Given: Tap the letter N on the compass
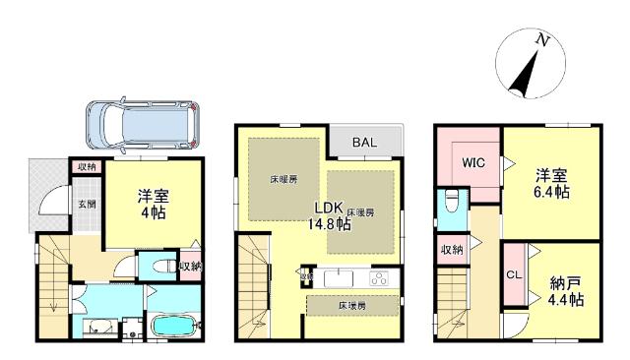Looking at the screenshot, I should (541, 41).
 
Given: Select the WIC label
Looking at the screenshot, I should (472, 162).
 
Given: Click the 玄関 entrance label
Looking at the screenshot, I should (87, 205).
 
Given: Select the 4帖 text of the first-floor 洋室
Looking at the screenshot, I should (150, 210).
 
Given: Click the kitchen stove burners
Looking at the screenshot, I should (379, 277).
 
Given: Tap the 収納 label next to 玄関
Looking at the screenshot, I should (87, 167).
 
